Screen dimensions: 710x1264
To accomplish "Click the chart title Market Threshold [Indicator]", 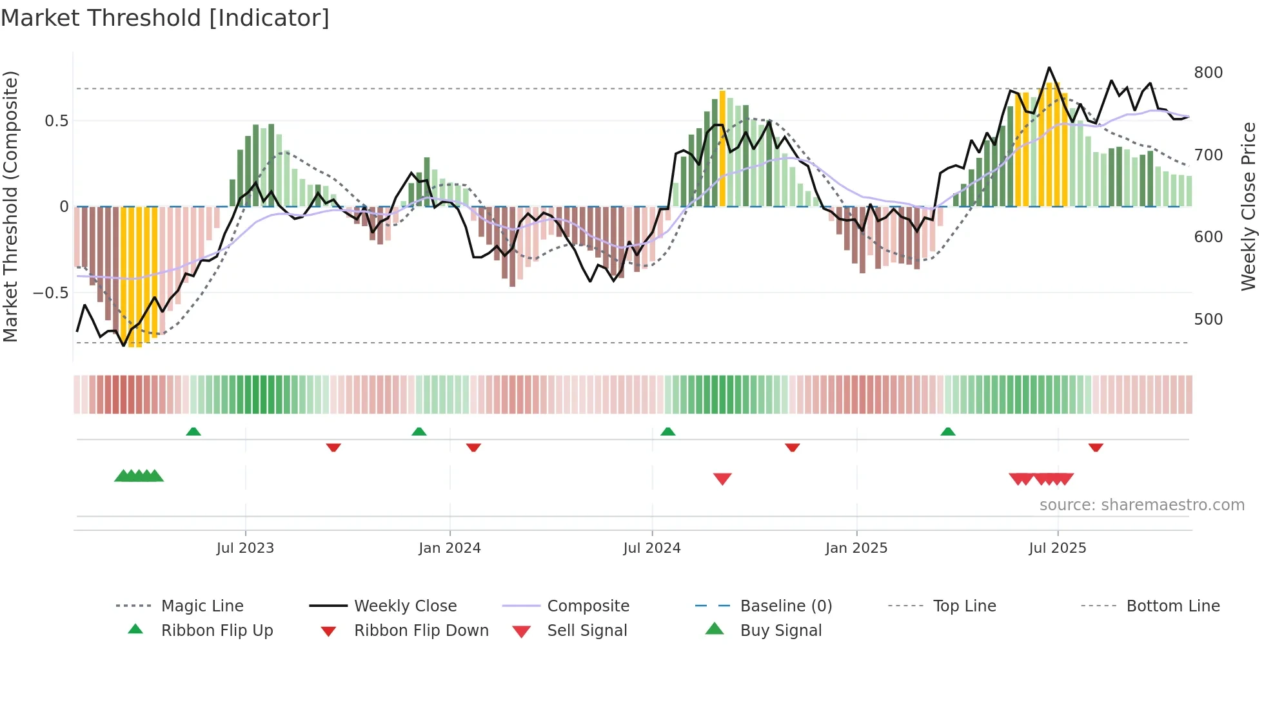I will [x=165, y=18].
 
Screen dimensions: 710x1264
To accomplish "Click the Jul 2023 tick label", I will [x=245, y=548].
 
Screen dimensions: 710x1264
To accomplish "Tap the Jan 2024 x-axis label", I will [x=449, y=548].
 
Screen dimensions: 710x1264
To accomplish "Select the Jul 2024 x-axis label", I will [x=652, y=548].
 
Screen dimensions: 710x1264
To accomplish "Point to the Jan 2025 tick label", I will [x=856, y=548].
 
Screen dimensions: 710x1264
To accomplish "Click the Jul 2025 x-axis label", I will [x=1058, y=548].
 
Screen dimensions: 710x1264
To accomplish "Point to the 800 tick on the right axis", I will [x=1208, y=73].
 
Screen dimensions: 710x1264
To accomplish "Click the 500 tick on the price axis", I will [x=1208, y=320].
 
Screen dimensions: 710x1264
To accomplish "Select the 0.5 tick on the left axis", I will [x=56, y=121].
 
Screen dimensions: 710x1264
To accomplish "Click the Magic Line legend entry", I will [x=202, y=606].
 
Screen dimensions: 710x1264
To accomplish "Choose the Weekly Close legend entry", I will [x=405, y=606].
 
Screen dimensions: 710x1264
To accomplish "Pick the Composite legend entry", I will [x=588, y=606].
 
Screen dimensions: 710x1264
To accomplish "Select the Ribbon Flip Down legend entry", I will [x=421, y=631].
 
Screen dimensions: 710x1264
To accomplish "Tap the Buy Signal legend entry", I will [x=780, y=631].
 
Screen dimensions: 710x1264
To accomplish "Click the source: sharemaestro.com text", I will [x=1141, y=505].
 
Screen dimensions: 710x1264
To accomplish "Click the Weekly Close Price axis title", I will [x=1249, y=206].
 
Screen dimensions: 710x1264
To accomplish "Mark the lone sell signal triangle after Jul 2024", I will [x=722, y=479].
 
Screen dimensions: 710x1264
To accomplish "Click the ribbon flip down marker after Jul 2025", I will [x=1096, y=447].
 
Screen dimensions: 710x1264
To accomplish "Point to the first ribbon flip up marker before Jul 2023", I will [x=193, y=431].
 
